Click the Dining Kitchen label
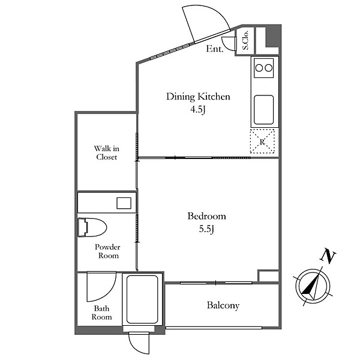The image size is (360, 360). (x=198, y=97)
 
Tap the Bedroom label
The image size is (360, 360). (x=206, y=216)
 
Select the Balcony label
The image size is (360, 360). (x=223, y=305)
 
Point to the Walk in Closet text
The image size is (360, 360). (x=107, y=152)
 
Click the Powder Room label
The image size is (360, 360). (x=107, y=251)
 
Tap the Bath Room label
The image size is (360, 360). (x=102, y=313)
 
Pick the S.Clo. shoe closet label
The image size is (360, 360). (x=245, y=40)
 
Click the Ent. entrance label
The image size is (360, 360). (x=214, y=49)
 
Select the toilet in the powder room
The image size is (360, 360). (x=92, y=227)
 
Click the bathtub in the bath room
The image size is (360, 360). (x=142, y=299)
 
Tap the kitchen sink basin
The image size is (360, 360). (x=264, y=110)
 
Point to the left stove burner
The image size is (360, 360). (x=259, y=68)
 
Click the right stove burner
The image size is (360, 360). (x=268, y=68)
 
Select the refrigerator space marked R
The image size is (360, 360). (x=262, y=142)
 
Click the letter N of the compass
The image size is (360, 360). (x=328, y=256)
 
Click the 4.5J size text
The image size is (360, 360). (x=197, y=110)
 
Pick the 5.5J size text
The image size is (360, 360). (x=206, y=229)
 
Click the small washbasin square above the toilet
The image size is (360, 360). (x=124, y=203)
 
